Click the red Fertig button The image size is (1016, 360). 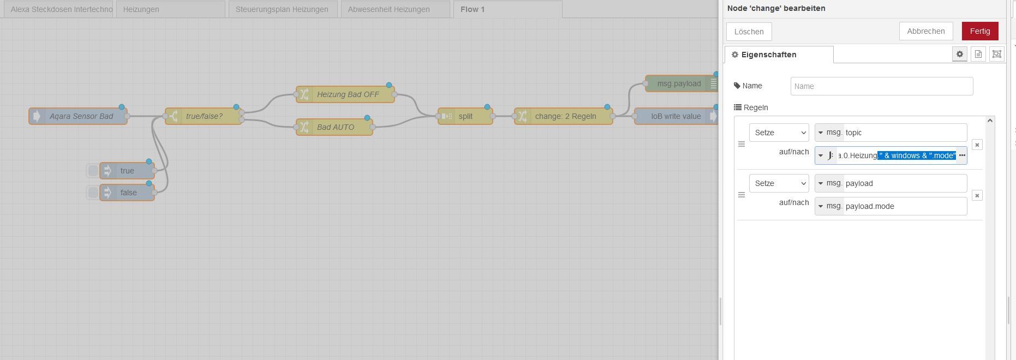pyautogui.click(x=980, y=31)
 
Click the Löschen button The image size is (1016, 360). pyautogui.click(x=749, y=32)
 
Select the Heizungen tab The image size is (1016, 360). pyautogui.click(x=170, y=9)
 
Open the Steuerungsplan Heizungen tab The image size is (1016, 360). pyautogui.click(x=282, y=9)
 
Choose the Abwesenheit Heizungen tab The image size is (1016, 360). pyautogui.click(x=395, y=9)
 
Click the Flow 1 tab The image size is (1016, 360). pyautogui.click(x=507, y=9)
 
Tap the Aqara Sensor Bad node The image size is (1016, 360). pyautogui.click(x=78, y=116)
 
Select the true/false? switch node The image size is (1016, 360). pyautogui.click(x=204, y=116)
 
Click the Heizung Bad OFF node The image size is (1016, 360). pyautogui.click(x=345, y=94)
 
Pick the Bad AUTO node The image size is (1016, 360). pyautogui.click(x=334, y=127)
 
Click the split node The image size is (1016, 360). pyautogui.click(x=465, y=116)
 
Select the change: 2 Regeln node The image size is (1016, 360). pyautogui.click(x=564, y=116)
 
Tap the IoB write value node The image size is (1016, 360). pyautogui.click(x=676, y=116)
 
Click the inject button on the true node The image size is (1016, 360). pyautogui.click(x=93, y=171)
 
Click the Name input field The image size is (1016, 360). pyautogui.click(x=882, y=86)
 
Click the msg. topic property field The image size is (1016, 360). pyautogui.click(x=891, y=133)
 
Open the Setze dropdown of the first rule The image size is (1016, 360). pyautogui.click(x=779, y=133)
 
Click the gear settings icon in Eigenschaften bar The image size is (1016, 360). pyautogui.click(x=960, y=54)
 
